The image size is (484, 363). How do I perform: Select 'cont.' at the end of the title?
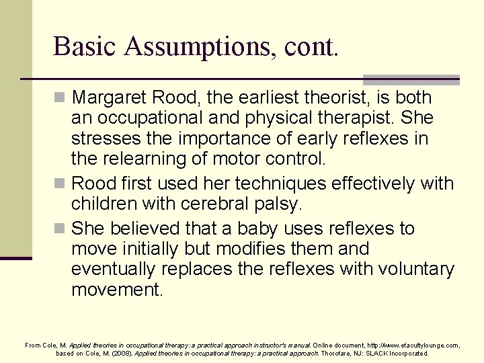(311, 47)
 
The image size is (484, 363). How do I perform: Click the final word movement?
(117, 290)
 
